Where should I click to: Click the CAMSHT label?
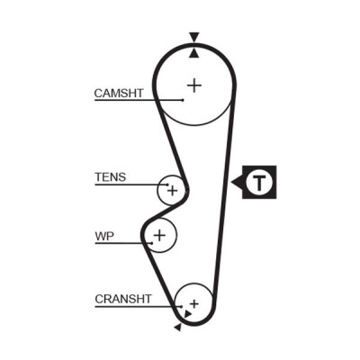click(119, 94)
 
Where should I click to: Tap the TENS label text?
click(111, 177)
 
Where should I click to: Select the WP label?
click(104, 237)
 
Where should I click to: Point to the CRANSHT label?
click(123, 299)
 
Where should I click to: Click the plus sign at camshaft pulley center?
click(194, 86)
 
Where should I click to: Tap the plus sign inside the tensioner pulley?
click(172, 191)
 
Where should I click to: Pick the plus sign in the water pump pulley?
click(159, 235)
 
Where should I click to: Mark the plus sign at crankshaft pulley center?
click(194, 304)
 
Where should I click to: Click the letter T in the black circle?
click(259, 182)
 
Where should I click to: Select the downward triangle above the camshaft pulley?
click(194, 37)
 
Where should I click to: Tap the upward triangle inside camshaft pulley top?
click(194, 53)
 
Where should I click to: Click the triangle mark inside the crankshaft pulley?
click(187, 314)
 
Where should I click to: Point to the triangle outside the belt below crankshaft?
click(178, 328)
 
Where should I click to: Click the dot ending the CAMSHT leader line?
click(183, 100)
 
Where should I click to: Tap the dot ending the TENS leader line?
click(167, 184)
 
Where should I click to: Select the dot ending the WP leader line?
click(152, 243)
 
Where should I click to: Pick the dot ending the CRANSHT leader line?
click(182, 307)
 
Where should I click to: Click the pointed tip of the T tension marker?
click(231, 182)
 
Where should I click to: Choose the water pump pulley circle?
click(176, 235)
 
